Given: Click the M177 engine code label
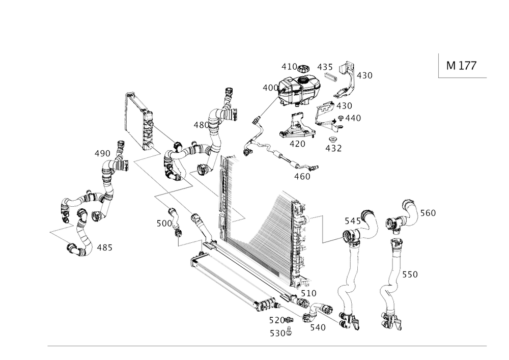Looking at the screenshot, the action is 461,66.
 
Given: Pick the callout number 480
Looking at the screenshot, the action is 302,176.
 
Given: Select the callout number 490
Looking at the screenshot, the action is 103,153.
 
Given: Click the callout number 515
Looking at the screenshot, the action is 353,221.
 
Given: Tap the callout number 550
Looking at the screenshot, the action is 410,275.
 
